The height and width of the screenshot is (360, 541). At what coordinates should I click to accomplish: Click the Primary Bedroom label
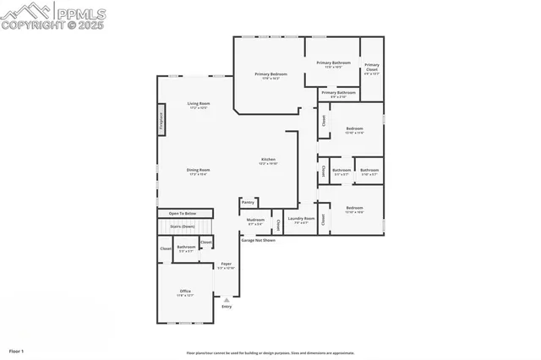[x=271, y=74]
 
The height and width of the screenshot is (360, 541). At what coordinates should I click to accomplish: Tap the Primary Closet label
[x=372, y=65]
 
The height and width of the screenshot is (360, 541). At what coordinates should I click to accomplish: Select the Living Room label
[x=199, y=104]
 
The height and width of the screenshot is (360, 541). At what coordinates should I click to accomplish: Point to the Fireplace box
[x=161, y=119]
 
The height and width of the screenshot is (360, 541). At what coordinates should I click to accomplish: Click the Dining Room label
[x=199, y=171]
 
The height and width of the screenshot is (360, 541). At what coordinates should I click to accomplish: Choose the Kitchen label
[x=268, y=160]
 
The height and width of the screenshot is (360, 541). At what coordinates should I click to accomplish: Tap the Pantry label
[x=248, y=203]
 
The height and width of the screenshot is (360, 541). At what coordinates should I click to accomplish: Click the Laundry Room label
[x=301, y=219]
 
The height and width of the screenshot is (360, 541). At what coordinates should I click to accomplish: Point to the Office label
[x=184, y=292]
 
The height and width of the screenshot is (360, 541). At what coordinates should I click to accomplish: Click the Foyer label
[x=226, y=265]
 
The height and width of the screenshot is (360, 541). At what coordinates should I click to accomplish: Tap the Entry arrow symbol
[x=226, y=298]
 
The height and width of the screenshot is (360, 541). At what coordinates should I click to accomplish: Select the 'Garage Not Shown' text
[x=259, y=240]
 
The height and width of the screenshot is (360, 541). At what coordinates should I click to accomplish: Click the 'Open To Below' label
[x=182, y=214]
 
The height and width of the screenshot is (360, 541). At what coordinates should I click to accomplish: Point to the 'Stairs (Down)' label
[x=182, y=226]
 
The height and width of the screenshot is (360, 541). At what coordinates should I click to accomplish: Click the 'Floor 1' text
[x=17, y=350]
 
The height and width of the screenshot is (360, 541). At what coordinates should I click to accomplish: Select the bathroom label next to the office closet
[x=186, y=248]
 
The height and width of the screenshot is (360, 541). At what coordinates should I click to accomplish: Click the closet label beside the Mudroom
[x=278, y=225]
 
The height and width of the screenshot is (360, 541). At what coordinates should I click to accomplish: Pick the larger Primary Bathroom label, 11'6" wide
[x=334, y=63]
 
